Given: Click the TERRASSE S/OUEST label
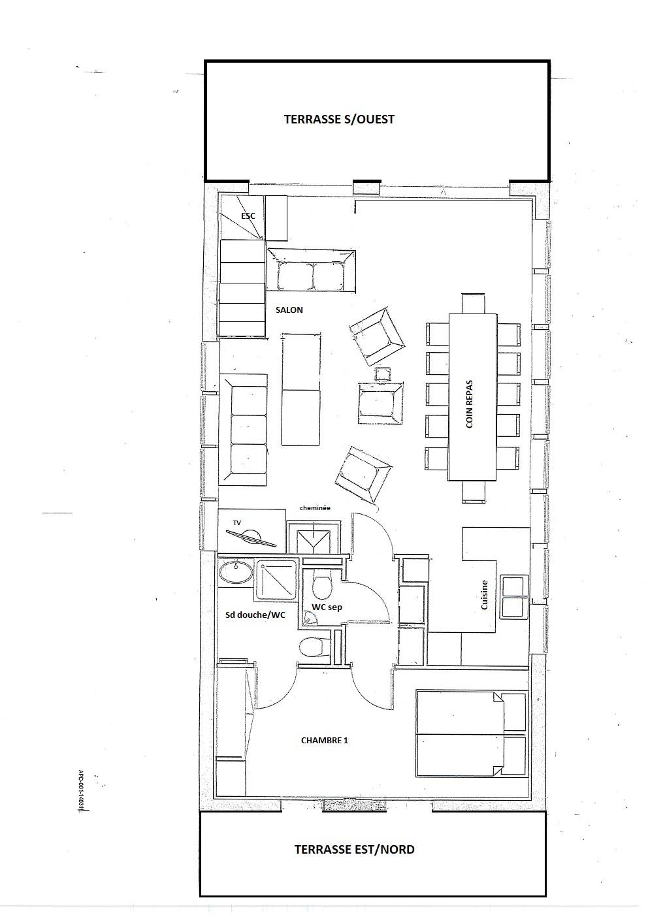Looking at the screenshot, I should (x=339, y=120).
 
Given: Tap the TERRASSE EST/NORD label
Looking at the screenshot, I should (x=354, y=849).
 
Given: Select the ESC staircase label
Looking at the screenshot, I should (x=248, y=216).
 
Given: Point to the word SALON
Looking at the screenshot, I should (x=289, y=310).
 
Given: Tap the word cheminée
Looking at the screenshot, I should (x=315, y=507).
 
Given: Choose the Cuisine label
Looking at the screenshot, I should (x=484, y=595).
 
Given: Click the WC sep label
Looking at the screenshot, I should (x=327, y=607).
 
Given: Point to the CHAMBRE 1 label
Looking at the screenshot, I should (x=325, y=740).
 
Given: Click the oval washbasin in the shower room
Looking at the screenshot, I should (x=235, y=573).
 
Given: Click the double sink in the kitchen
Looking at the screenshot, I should (x=513, y=596).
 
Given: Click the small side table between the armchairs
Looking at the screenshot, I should (x=383, y=374).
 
